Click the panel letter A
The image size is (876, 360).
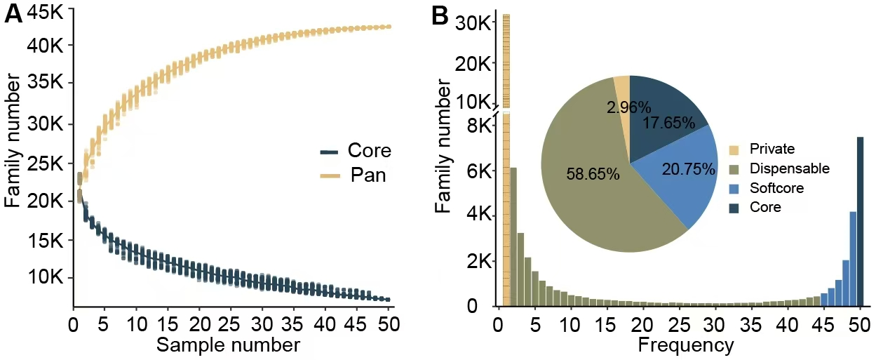[13, 14]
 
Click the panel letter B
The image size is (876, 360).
[440, 15]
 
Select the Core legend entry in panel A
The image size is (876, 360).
[369, 151]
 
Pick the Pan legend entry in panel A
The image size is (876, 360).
[367, 175]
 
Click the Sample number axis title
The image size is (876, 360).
[228, 345]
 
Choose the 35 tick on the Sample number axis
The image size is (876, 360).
[292, 325]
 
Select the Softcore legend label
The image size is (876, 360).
[775, 188]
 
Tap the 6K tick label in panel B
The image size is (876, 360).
[481, 171]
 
